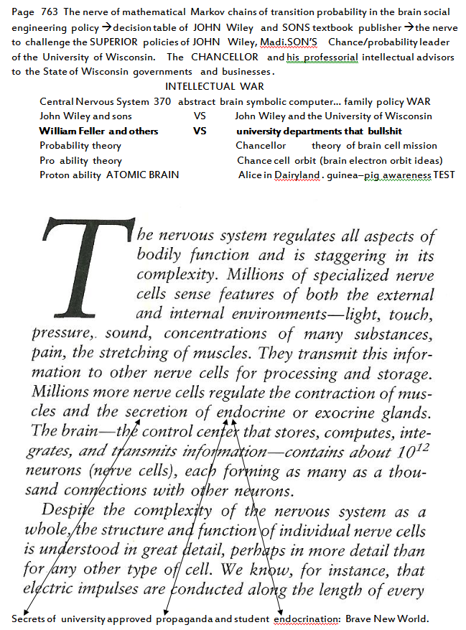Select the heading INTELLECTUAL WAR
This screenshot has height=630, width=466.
pyautogui.click(x=214, y=87)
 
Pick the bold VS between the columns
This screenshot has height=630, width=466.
pyautogui.click(x=200, y=131)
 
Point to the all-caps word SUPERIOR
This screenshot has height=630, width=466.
pyautogui.click(x=111, y=42)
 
